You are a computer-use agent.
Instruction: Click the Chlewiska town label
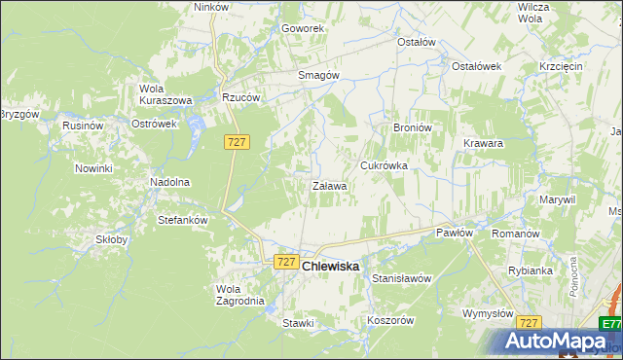click(x=330, y=266)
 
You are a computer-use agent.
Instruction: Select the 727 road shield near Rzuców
click(x=238, y=142)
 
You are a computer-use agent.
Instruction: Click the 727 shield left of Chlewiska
click(x=285, y=262)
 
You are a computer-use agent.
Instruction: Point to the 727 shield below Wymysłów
click(x=529, y=322)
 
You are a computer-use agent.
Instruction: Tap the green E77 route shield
click(x=610, y=324)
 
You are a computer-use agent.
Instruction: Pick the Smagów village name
click(x=317, y=75)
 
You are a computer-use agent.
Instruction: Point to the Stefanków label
click(x=183, y=220)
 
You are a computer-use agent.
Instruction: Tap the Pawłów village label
click(x=455, y=233)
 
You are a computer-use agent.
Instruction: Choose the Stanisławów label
click(x=402, y=278)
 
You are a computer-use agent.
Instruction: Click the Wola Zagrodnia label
click(x=239, y=295)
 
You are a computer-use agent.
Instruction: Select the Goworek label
click(x=303, y=28)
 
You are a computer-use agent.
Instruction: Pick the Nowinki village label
click(x=94, y=168)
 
